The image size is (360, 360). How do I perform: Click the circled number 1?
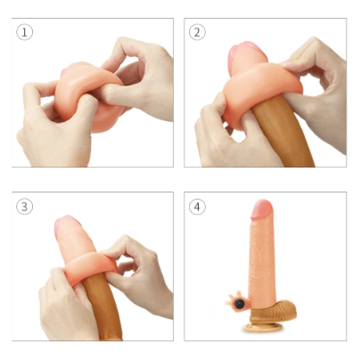(25, 32)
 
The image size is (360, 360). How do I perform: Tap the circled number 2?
(198, 32)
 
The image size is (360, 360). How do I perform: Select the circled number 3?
(25, 207)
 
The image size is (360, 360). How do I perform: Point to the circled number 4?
(198, 207)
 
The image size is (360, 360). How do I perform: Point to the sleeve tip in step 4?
(263, 210)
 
